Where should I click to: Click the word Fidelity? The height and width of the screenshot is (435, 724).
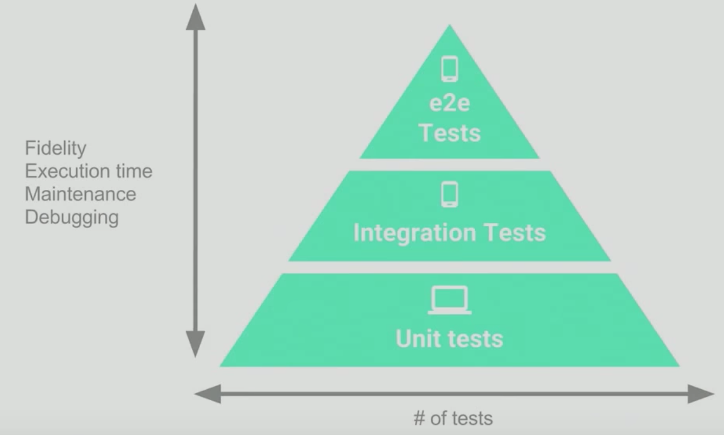point(55,148)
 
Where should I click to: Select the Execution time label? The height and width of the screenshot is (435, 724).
point(88,171)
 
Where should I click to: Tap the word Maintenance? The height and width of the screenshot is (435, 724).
point(81,194)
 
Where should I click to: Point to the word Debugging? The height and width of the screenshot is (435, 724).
point(72,217)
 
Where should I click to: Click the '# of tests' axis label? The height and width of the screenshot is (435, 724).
point(453,418)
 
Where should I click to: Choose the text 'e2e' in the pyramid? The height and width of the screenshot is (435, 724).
point(450,103)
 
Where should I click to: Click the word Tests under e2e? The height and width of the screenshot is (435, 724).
point(450,132)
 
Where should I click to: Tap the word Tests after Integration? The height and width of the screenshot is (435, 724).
point(514,233)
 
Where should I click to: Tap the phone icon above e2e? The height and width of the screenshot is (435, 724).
point(450,68)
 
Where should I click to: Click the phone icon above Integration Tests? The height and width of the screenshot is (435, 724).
point(450,195)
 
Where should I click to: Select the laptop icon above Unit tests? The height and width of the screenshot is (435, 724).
point(450,300)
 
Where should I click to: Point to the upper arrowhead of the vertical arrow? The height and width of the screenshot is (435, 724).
point(195,18)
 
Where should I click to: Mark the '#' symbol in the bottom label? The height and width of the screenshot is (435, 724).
point(419,418)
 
